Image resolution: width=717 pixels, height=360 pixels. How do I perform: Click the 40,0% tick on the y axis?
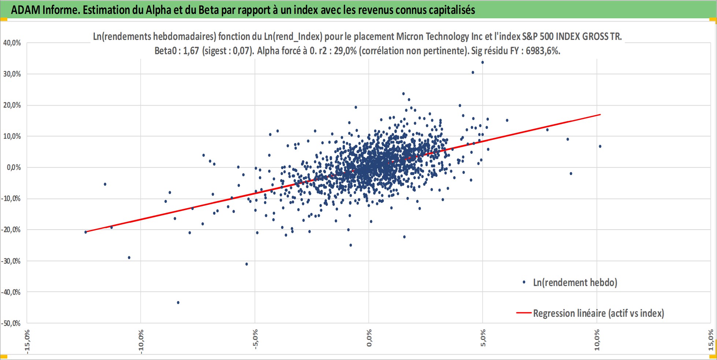coord(12,43)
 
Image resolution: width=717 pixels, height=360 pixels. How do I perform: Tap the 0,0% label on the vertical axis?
coord(14,167)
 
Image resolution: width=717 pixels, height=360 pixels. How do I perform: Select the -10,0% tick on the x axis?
coord(141,341)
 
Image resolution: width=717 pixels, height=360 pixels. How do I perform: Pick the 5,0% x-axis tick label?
coord(483,338)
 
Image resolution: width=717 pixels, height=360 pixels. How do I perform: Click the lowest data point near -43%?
coord(178,303)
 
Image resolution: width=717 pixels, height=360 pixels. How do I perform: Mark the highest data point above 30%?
coord(483,62)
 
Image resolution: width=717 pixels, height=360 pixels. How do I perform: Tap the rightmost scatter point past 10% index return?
coord(600,146)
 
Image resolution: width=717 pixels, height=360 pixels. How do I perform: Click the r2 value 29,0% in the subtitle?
coord(345,51)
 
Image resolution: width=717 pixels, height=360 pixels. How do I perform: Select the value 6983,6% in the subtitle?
coord(543,51)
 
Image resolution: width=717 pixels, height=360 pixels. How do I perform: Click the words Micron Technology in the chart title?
coord(432,37)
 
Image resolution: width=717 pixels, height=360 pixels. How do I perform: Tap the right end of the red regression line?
coord(601,115)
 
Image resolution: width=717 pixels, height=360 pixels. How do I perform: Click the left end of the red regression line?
coord(85,232)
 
